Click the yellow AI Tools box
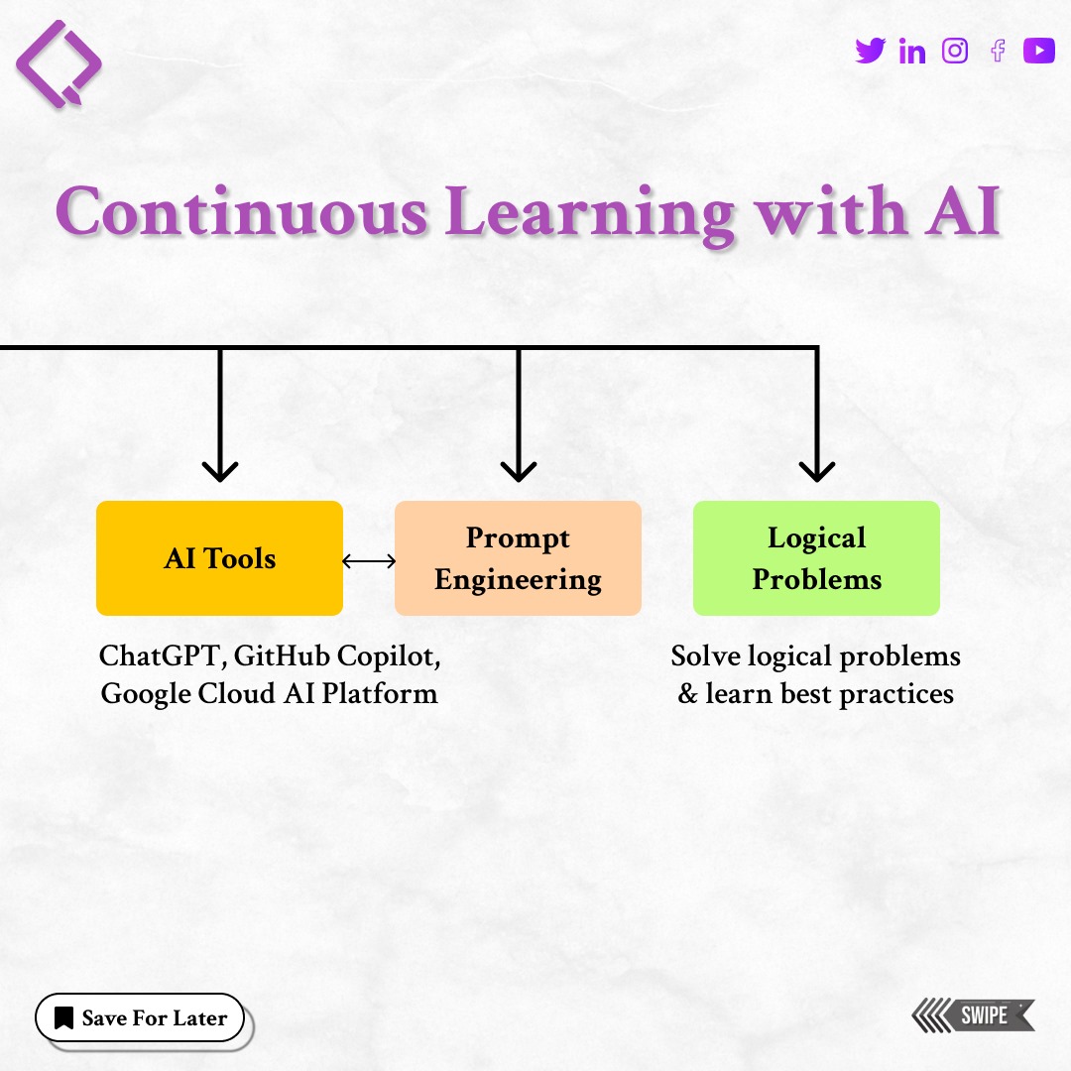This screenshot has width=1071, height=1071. (x=219, y=558)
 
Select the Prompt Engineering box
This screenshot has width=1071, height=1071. (x=518, y=558)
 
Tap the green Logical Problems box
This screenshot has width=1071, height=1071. (x=816, y=558)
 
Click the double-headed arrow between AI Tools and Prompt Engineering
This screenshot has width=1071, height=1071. (x=369, y=561)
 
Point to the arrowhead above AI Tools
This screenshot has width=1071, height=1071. (x=219, y=468)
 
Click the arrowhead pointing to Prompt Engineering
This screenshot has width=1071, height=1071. (x=518, y=468)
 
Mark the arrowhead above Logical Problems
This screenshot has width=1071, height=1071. (x=816, y=468)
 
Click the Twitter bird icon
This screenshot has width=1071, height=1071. (x=870, y=51)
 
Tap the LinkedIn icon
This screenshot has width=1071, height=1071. (x=912, y=52)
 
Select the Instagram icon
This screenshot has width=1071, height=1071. (x=955, y=51)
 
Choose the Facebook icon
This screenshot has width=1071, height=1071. (x=998, y=51)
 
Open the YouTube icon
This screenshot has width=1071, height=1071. (x=1039, y=51)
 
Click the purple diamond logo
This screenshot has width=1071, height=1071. (x=59, y=61)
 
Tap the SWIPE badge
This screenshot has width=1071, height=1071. (x=974, y=1015)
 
